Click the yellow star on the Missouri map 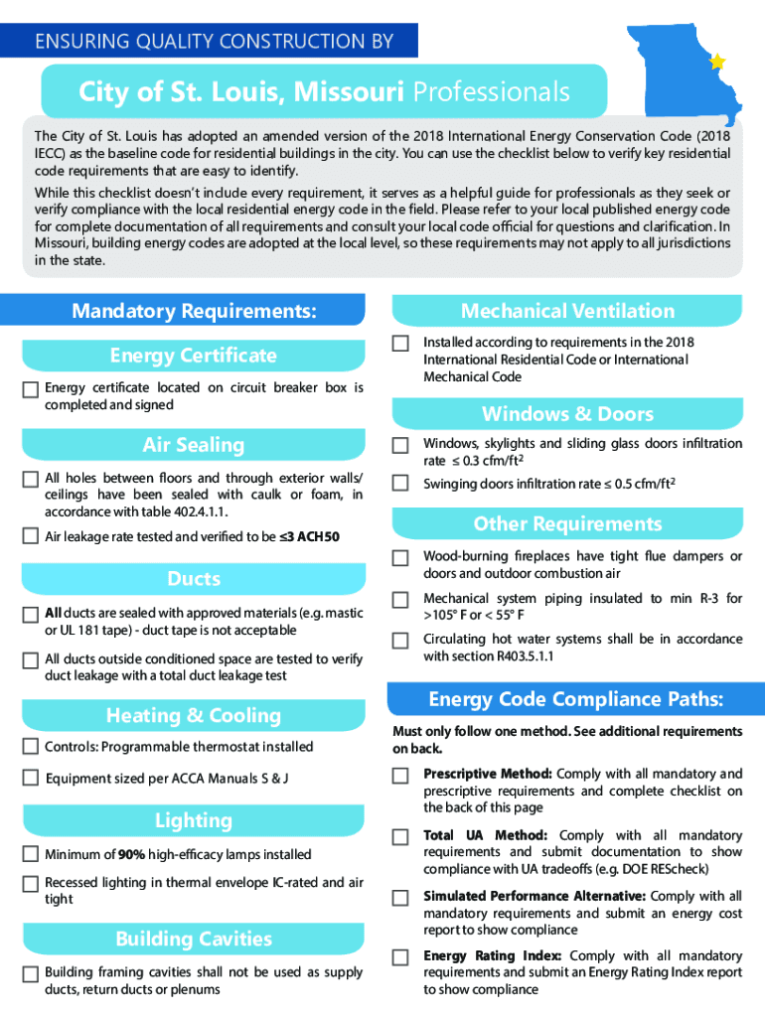[x=717, y=62]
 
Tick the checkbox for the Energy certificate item [x=31, y=389]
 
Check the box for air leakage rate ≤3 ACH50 [x=31, y=537]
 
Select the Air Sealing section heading [x=193, y=445]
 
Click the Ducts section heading [x=194, y=579]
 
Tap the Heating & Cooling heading [x=193, y=715]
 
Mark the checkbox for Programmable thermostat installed [x=31, y=747]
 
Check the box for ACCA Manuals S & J [x=31, y=779]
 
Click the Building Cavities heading [x=193, y=939]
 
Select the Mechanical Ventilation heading [x=567, y=311]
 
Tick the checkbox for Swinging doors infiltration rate [x=400, y=484]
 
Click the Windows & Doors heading [x=567, y=414]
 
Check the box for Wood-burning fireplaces [x=400, y=558]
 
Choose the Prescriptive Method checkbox [x=400, y=775]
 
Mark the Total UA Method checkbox [x=400, y=837]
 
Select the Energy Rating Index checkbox [x=400, y=957]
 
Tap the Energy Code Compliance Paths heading [x=575, y=699]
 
